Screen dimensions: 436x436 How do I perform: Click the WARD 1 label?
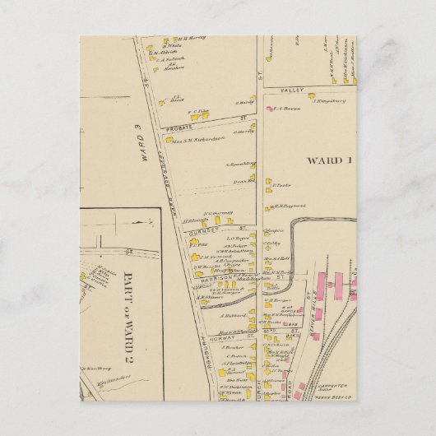329,160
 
